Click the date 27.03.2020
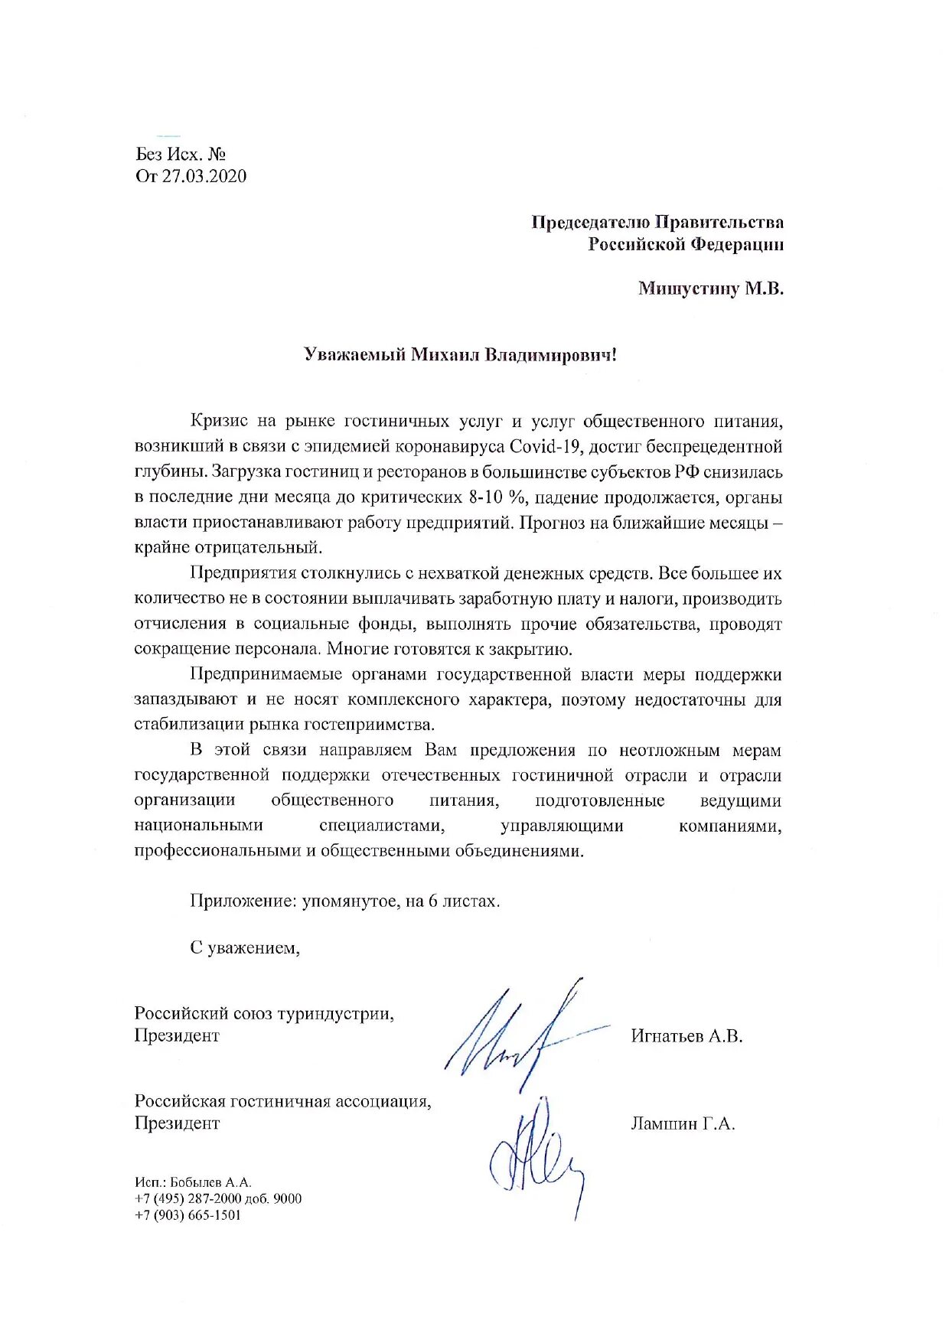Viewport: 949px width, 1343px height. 204,176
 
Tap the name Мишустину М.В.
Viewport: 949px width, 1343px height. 711,288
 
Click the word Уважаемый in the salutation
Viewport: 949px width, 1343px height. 354,355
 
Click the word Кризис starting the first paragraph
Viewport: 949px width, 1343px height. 220,421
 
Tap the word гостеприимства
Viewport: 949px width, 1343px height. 369,724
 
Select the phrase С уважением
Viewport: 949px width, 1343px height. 245,948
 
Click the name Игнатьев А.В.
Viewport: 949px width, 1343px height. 686,1036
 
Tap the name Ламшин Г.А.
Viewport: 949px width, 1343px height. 683,1123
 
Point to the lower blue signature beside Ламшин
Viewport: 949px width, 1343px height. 536,1156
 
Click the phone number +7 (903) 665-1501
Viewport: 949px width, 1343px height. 188,1215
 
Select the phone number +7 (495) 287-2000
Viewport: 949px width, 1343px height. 188,1198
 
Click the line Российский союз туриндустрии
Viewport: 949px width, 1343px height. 264,1013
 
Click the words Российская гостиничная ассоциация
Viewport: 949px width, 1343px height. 282,1101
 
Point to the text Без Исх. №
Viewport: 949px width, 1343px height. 181,154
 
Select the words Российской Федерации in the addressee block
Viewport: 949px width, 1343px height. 686,244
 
